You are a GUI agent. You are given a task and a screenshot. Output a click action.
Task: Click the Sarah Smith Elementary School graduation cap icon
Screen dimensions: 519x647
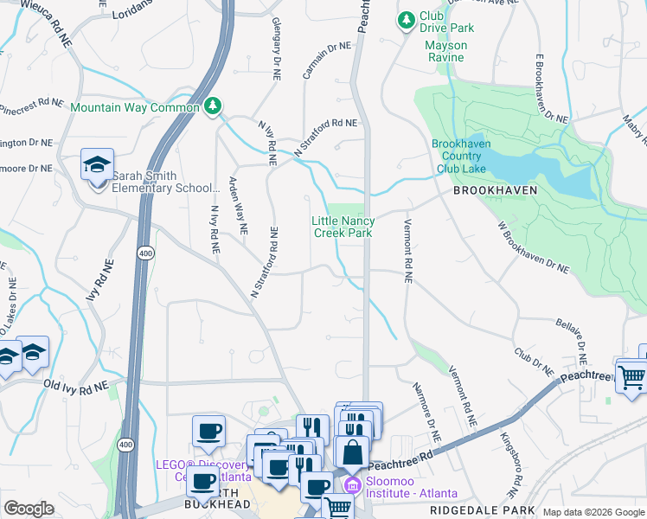(x=98, y=163)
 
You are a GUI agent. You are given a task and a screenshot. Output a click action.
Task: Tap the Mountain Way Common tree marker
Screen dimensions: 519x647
(x=212, y=106)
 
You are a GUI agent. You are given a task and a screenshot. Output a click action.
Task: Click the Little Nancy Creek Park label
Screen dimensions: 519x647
(x=343, y=227)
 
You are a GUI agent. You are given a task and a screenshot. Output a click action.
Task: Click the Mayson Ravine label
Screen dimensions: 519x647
(x=445, y=52)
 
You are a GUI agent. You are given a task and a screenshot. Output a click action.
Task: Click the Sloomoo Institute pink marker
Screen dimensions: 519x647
(x=352, y=482)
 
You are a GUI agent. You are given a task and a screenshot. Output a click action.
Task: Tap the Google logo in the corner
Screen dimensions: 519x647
(x=29, y=509)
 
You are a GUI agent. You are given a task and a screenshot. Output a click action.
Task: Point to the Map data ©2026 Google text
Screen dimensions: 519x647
(x=592, y=512)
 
